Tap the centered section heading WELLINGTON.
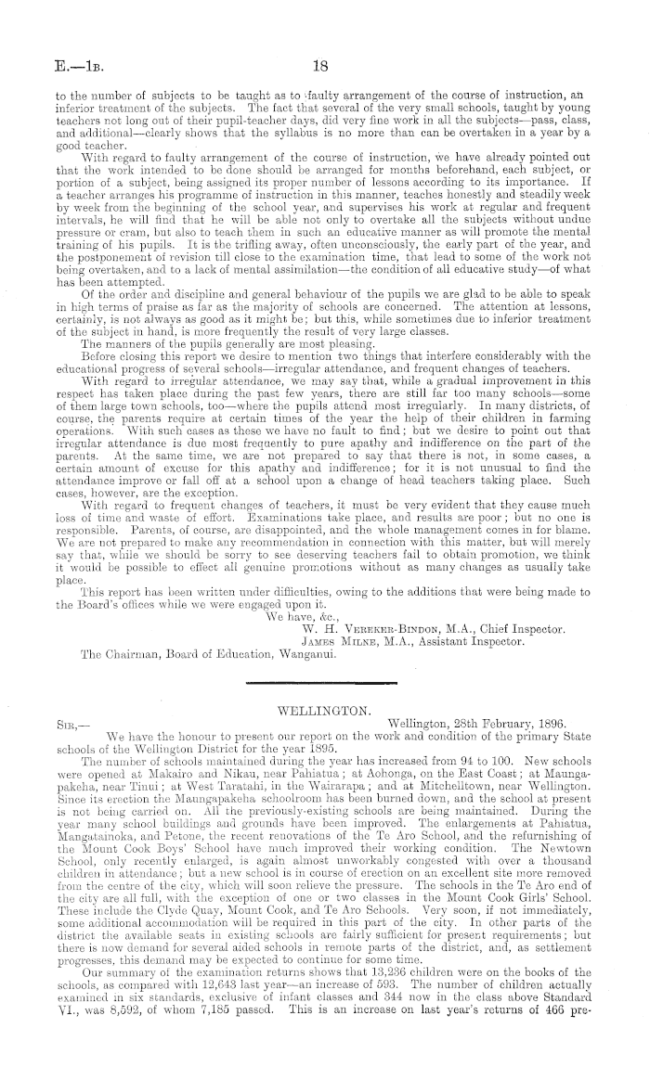[325, 710]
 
